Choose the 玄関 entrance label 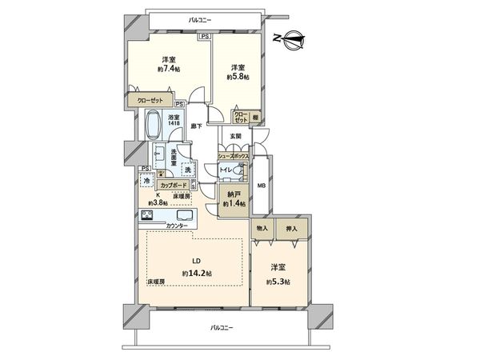pos(237,137)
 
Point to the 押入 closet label pos(290,229)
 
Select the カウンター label pos(177,226)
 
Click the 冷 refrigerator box pos(147,182)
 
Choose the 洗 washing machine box pos(187,170)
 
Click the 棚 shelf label pos(255,116)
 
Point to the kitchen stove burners pos(148,215)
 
